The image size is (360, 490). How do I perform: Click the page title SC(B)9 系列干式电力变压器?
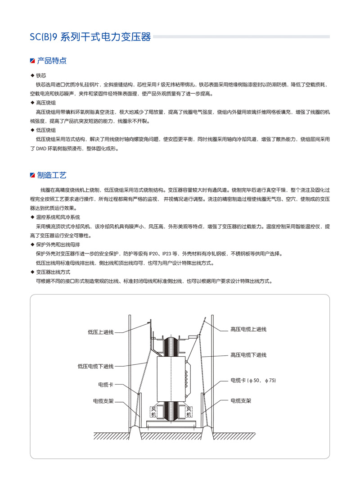(90, 37)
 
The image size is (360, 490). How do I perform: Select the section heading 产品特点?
(52, 60)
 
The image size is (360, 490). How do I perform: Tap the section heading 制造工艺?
(52, 175)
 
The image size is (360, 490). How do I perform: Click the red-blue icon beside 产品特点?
(32, 61)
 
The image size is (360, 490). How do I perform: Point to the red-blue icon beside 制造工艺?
(32, 175)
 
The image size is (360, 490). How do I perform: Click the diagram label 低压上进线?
(101, 332)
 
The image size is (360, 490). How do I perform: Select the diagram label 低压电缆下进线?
(95, 367)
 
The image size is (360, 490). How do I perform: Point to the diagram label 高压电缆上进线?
(248, 329)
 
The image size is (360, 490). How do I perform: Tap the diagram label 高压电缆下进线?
(248, 355)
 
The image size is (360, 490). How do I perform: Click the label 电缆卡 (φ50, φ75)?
(253, 381)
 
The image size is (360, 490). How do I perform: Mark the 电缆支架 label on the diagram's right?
(241, 400)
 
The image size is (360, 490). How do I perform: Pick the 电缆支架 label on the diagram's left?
(103, 400)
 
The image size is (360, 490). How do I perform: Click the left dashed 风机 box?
(153, 412)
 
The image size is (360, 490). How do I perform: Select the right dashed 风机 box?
(189, 412)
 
